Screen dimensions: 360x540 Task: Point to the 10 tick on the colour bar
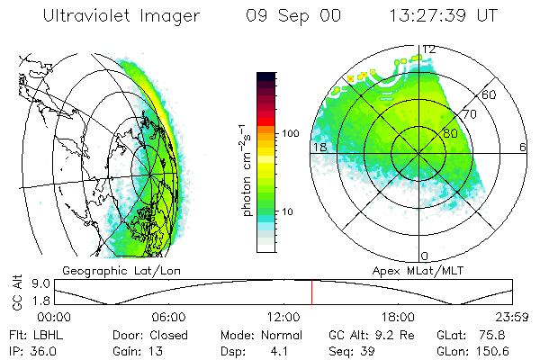[289, 211]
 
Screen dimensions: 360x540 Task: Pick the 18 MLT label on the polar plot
[318, 147]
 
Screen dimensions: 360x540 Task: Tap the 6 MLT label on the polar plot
[522, 147]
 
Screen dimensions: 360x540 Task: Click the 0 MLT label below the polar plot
[425, 256]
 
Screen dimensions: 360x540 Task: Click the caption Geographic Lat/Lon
[107, 270]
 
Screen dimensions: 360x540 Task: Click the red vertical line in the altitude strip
[311, 292]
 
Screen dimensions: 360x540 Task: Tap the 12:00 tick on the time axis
[283, 317]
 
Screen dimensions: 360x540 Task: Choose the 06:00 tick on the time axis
[168, 317]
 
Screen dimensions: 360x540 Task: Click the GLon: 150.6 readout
[488, 349]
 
